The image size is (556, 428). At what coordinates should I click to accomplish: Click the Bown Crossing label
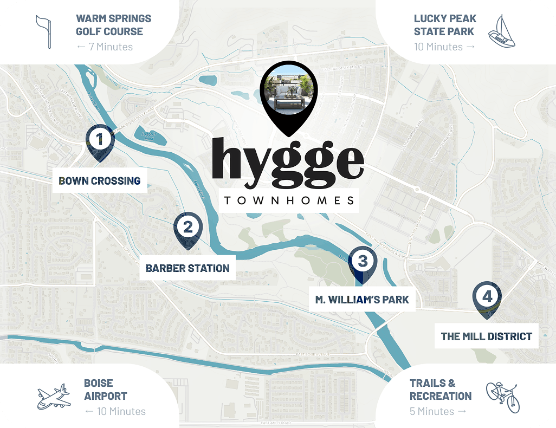click(x=100, y=181)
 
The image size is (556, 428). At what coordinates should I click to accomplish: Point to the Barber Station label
click(x=188, y=268)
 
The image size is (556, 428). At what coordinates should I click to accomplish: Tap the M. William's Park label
click(x=362, y=299)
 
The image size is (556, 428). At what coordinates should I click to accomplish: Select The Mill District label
click(x=486, y=336)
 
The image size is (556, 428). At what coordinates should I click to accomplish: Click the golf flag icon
click(x=43, y=31)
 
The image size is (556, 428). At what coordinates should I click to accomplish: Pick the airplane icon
click(x=53, y=397)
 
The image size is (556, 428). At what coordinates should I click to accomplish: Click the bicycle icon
click(x=502, y=397)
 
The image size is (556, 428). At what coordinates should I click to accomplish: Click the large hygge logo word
click(x=287, y=160)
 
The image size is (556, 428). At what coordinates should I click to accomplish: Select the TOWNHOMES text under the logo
click(x=289, y=200)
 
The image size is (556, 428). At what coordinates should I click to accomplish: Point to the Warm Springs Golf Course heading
click(x=113, y=25)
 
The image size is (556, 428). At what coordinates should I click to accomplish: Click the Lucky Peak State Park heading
click(x=444, y=25)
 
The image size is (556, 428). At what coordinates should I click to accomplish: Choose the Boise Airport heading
click(x=106, y=390)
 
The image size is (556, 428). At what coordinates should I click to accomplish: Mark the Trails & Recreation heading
click(x=440, y=390)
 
